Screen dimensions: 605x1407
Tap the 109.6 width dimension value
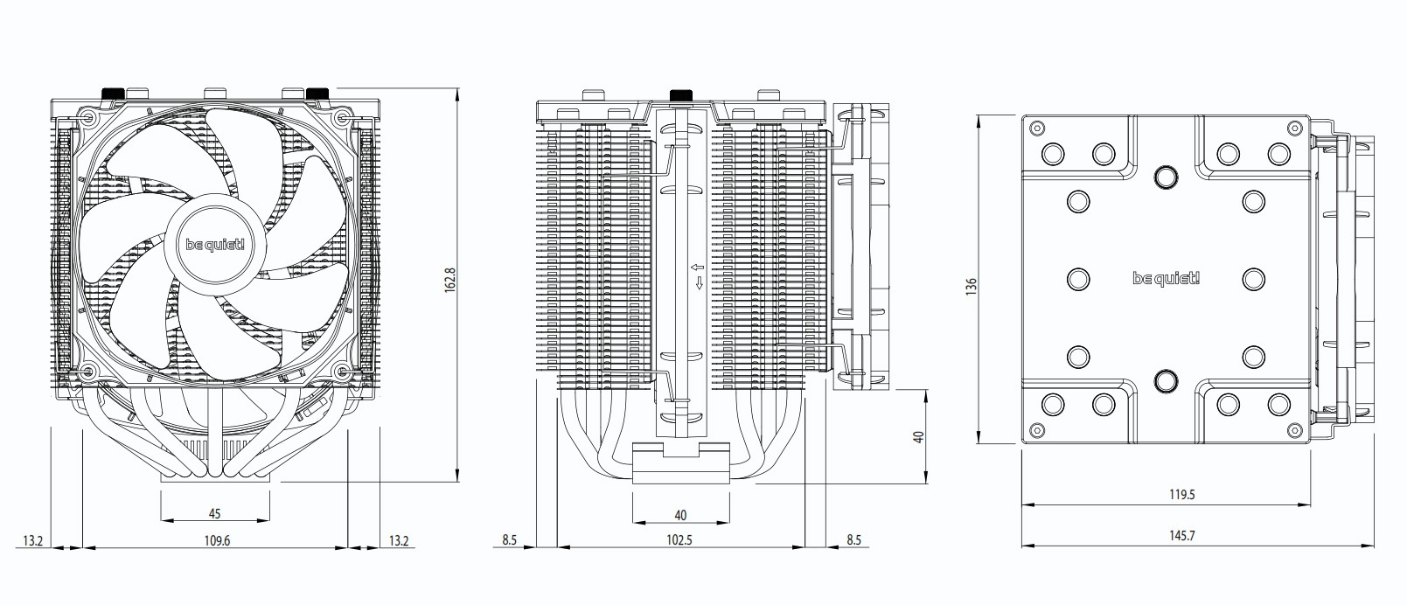point(216,540)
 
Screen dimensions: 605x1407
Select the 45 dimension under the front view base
point(214,512)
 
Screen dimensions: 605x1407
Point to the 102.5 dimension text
point(679,540)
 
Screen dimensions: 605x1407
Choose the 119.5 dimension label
point(1181,495)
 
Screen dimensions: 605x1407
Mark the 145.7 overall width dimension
point(1181,535)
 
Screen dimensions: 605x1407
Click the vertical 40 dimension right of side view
point(918,435)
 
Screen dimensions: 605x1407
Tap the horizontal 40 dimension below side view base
point(680,515)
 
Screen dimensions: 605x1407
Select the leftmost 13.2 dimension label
point(33,541)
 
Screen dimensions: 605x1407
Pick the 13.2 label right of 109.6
point(399,541)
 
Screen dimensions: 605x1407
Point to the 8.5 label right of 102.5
point(853,540)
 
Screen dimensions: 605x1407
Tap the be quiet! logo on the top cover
point(1167,279)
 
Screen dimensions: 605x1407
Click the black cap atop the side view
point(679,94)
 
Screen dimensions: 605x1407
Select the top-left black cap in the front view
point(114,93)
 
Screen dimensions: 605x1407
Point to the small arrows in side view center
point(698,275)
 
